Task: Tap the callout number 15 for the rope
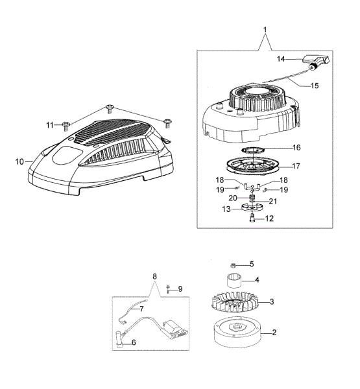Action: click(x=315, y=86)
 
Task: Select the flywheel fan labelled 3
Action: click(x=234, y=302)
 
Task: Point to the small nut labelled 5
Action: click(x=233, y=265)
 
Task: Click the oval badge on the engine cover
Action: click(x=67, y=154)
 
